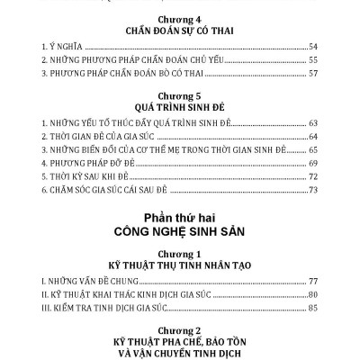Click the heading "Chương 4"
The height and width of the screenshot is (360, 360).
click(x=179, y=17)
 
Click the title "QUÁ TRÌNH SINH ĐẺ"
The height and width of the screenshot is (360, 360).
click(x=179, y=106)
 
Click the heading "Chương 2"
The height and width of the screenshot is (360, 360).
click(x=179, y=330)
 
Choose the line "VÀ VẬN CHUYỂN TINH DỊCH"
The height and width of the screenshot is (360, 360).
click(x=179, y=355)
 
